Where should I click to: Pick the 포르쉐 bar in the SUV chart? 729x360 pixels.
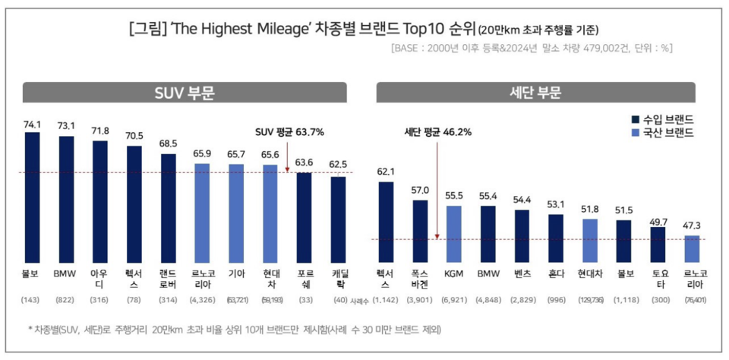click(304, 216)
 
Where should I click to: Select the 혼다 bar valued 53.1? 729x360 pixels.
click(556, 236)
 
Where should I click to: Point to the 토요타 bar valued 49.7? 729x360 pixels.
click(658, 242)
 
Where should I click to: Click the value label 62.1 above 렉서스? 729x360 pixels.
click(386, 172)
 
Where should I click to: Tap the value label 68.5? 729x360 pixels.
click(169, 144)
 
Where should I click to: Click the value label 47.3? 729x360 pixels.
click(692, 226)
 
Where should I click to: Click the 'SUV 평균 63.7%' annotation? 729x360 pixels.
click(289, 132)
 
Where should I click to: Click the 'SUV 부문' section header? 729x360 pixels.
click(186, 93)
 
